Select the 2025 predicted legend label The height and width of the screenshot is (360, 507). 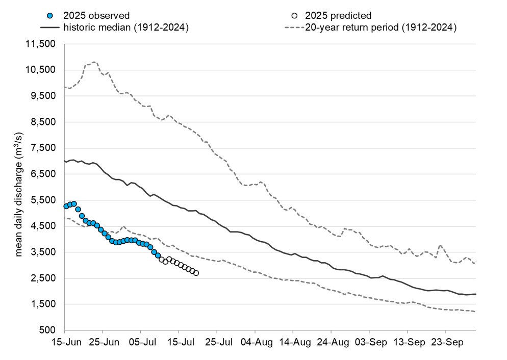[x=338, y=16]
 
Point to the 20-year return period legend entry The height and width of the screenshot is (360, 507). [x=380, y=28]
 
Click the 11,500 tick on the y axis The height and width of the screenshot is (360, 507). [x=41, y=44]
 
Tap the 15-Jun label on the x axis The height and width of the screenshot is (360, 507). [x=64, y=343]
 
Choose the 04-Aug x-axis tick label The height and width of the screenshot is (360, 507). [x=255, y=343]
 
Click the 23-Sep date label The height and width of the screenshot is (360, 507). [x=446, y=343]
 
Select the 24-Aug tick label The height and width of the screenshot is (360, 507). [x=331, y=343]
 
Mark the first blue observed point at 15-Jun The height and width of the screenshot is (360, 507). [x=66, y=206]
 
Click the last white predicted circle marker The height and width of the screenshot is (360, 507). [x=196, y=273]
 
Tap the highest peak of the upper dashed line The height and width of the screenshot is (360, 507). [x=94, y=62]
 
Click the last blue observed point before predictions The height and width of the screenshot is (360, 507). [x=158, y=255]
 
